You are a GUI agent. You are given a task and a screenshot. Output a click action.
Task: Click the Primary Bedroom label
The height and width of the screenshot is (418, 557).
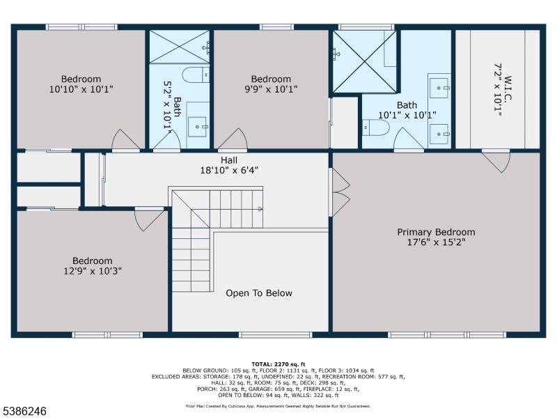click(436, 232)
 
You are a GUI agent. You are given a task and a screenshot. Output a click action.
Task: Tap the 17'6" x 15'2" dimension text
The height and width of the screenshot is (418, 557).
click(436, 242)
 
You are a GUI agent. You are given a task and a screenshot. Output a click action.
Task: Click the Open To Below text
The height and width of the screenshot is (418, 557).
click(259, 293)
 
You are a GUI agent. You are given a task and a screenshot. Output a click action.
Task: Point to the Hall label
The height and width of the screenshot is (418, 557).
click(229, 160)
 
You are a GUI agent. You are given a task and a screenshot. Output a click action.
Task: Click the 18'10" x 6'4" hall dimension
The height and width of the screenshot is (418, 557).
click(230, 170)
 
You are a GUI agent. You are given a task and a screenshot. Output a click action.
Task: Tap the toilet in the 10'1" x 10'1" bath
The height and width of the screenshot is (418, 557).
click(375, 128)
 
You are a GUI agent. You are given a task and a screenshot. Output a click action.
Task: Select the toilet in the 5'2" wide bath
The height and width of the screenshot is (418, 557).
click(194, 75)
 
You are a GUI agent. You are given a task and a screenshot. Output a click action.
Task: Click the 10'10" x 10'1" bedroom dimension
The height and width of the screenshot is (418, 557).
click(81, 89)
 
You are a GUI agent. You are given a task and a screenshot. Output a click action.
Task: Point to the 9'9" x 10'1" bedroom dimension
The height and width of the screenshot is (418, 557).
click(271, 89)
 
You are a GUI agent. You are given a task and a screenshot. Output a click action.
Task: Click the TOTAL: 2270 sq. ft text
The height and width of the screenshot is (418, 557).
click(278, 364)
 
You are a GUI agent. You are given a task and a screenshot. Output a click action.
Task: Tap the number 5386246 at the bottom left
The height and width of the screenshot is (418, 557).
click(24, 411)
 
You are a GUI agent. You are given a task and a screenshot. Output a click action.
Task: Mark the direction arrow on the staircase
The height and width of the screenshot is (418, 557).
click(259, 208)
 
